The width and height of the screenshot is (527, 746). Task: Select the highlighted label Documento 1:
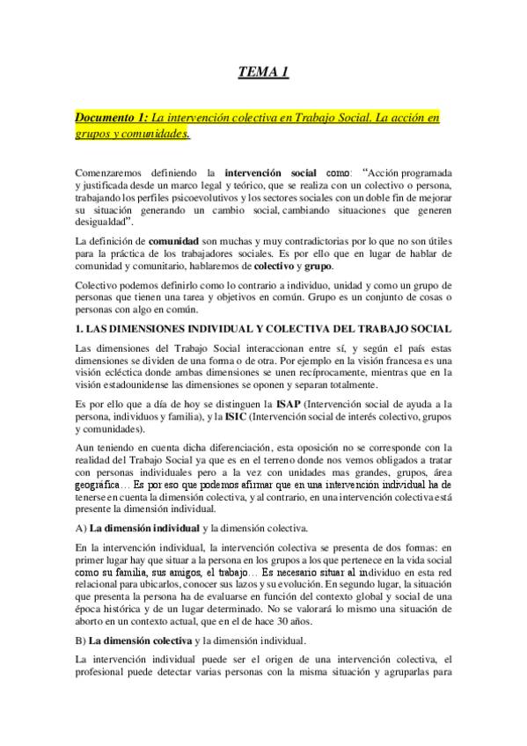[112, 117]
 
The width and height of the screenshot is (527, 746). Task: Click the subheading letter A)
[80, 528]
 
